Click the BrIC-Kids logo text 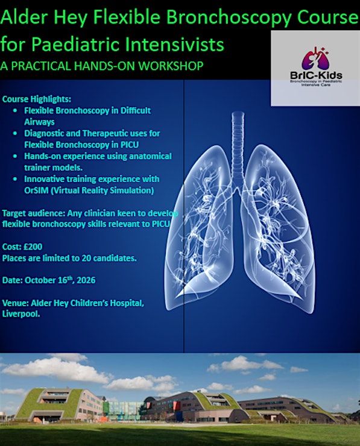(x=316, y=76)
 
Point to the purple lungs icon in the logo (x=316, y=58)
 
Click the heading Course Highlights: (x=37, y=99)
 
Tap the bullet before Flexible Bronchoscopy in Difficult (x=15, y=111)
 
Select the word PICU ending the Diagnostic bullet (x=129, y=145)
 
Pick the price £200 (x=33, y=247)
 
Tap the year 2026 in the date (x=86, y=280)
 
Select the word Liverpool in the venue (x=21, y=314)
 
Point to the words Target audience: (x=34, y=213)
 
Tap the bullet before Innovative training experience (x=15, y=179)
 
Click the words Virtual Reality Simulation (x=103, y=190)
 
